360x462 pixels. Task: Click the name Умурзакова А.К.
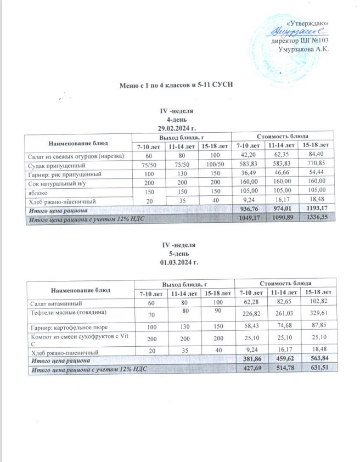303,49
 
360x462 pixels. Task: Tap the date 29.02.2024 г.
173,126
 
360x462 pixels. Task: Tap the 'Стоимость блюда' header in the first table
282,136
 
